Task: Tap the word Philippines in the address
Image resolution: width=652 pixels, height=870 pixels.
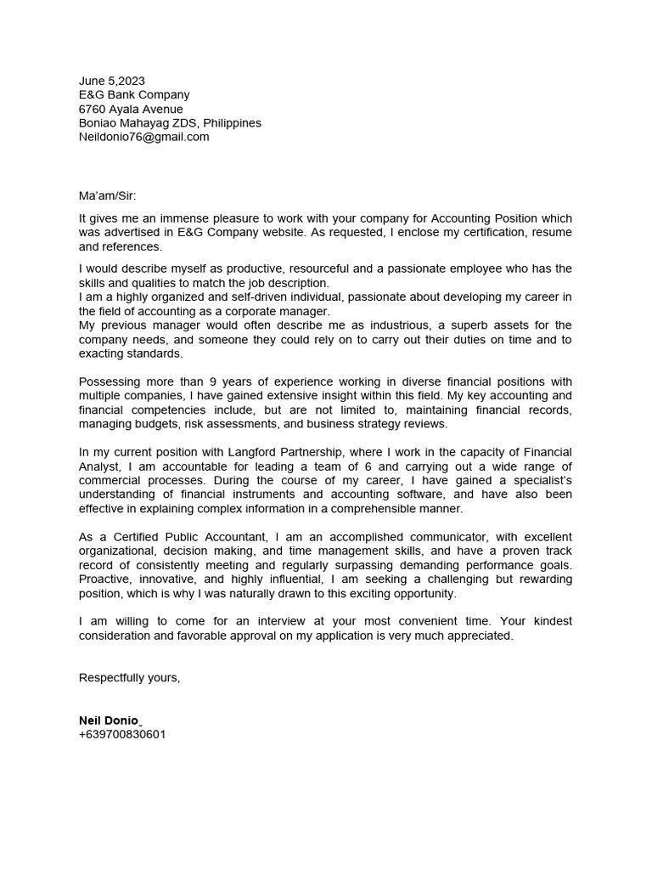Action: point(232,123)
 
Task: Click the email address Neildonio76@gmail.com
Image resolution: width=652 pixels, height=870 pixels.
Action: point(143,137)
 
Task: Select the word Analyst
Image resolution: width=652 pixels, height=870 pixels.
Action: point(101,466)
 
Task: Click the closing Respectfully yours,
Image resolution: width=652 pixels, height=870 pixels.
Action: point(129,677)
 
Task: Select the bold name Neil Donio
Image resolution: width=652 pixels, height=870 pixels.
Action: point(110,720)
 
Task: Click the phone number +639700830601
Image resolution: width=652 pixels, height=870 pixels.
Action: point(122,734)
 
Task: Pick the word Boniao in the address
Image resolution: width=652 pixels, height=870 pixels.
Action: point(98,123)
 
